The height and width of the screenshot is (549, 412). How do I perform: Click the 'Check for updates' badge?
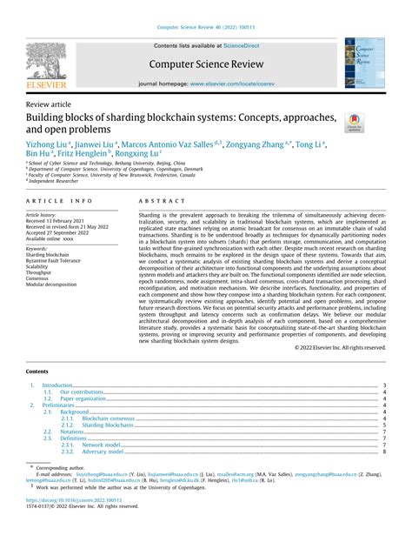click(x=355, y=123)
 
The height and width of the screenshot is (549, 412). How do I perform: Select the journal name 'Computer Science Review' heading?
click(x=206, y=64)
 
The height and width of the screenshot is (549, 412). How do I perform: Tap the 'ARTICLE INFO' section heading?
click(x=56, y=201)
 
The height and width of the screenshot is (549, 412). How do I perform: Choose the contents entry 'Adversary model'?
click(x=103, y=452)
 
